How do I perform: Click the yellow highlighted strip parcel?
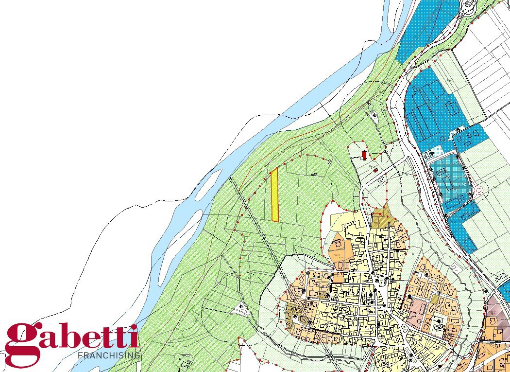point(274,195)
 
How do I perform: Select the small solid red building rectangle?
point(364,155)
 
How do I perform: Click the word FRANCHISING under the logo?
point(109,355)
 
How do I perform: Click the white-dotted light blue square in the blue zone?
point(436,152)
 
